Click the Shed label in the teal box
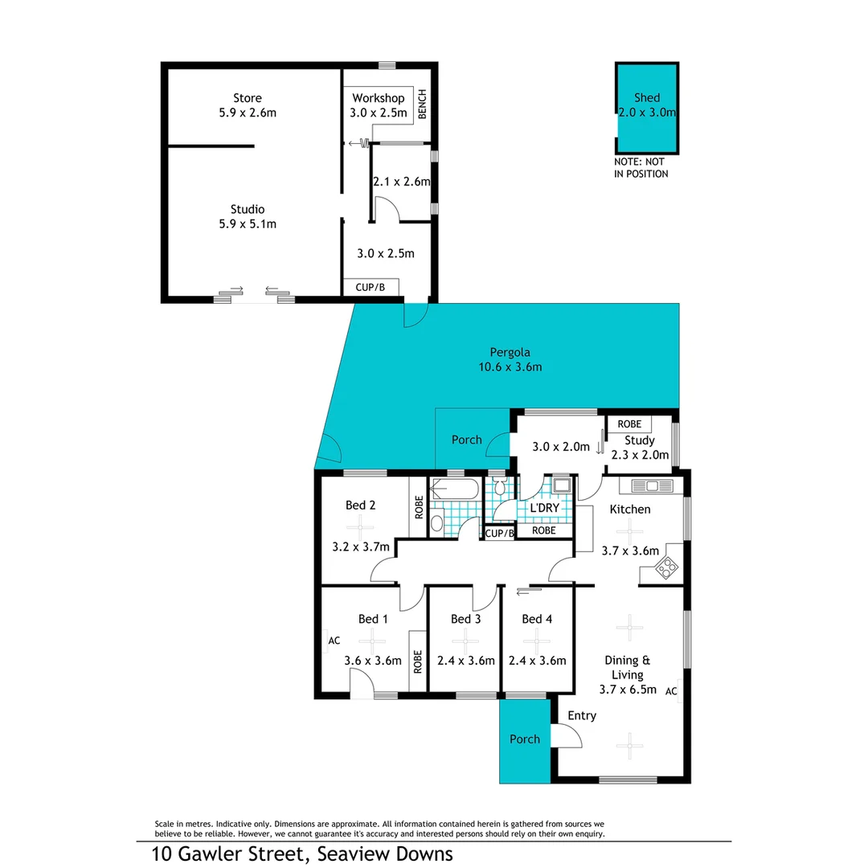(x=647, y=98)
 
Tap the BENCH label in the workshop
(x=422, y=104)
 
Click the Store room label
(x=247, y=98)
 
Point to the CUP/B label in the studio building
(x=371, y=287)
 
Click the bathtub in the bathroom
(x=455, y=489)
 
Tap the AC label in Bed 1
(x=334, y=641)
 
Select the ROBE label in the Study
(x=628, y=424)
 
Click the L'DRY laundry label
(x=544, y=509)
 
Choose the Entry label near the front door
(x=582, y=715)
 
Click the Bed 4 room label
(x=537, y=619)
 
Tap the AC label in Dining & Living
(x=672, y=690)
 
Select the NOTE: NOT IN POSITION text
(x=641, y=168)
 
